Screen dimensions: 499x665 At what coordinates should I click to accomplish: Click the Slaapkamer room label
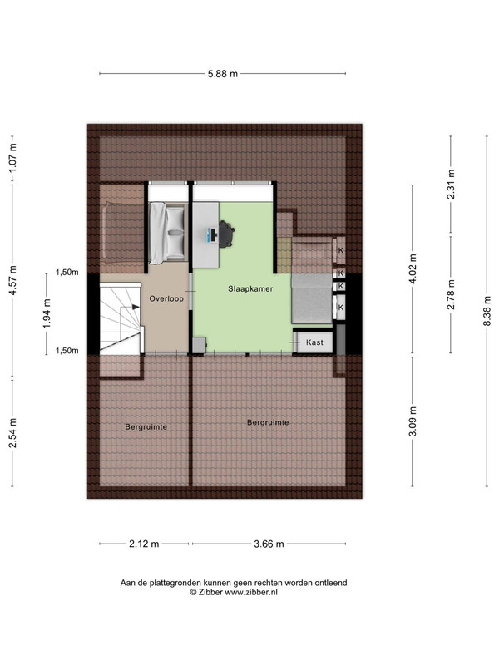point(250,288)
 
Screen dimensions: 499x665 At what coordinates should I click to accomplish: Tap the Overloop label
point(166,298)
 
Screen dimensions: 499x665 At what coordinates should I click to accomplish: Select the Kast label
point(314,342)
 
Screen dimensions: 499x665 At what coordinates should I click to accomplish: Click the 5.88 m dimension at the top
point(223,74)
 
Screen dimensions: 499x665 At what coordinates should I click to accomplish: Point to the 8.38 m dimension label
point(487,311)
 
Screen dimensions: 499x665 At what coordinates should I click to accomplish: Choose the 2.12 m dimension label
point(144,544)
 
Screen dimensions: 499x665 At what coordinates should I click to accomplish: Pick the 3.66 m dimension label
point(269,544)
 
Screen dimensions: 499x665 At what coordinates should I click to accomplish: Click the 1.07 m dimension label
point(12,158)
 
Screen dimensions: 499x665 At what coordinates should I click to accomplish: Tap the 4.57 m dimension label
point(12,281)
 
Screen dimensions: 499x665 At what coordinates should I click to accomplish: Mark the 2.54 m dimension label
point(12,432)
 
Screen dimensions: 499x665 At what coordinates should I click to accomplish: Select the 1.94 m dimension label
point(47,313)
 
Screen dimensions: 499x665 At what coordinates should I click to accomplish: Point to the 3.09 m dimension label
point(413,421)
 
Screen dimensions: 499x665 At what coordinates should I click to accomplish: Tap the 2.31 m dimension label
point(451,184)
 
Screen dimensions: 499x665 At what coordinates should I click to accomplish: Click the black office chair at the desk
point(226,234)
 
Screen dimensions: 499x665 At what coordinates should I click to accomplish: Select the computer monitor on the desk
point(212,234)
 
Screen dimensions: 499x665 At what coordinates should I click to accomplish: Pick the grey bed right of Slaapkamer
point(311,298)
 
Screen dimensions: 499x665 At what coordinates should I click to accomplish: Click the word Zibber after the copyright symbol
point(210,592)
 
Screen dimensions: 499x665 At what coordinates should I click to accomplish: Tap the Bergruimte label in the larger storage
point(268,422)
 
